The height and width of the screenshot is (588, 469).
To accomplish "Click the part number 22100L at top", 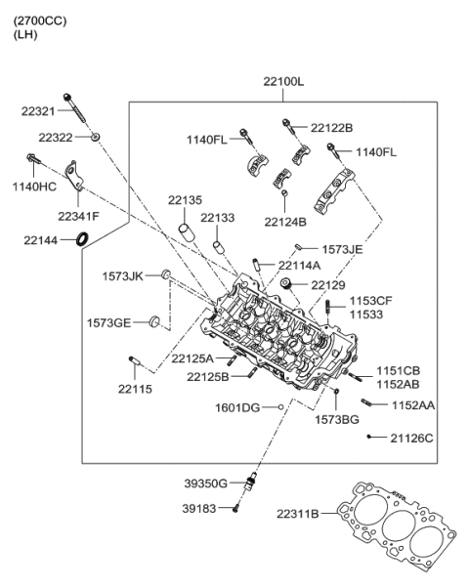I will coord(283,82).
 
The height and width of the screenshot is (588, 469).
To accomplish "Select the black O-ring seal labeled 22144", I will coord(84,239).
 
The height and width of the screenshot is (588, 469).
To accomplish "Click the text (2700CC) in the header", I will coord(40,21).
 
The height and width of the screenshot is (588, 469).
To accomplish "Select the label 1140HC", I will coord(32,187).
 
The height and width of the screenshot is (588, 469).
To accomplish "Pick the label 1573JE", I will coord(342,250).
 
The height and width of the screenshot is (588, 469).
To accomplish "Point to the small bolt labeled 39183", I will coord(236,508).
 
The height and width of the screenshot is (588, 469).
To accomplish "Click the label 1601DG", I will coord(237,406).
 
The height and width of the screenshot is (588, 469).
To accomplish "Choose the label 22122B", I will coord(332,128).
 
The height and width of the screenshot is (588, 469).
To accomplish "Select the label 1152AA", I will coord(413,404).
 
